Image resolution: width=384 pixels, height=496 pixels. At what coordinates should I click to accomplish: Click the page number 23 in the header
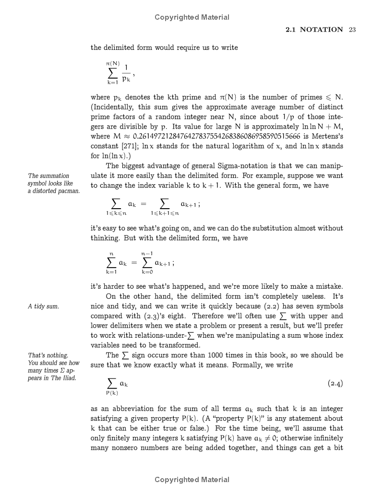point(352,30)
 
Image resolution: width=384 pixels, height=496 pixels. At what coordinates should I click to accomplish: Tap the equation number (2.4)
point(335,384)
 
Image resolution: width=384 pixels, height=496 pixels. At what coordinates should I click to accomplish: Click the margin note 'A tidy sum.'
point(43,307)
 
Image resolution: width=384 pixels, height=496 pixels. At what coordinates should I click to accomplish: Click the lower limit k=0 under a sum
point(147,272)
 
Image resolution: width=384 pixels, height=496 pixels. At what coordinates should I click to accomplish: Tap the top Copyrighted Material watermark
point(192,17)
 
